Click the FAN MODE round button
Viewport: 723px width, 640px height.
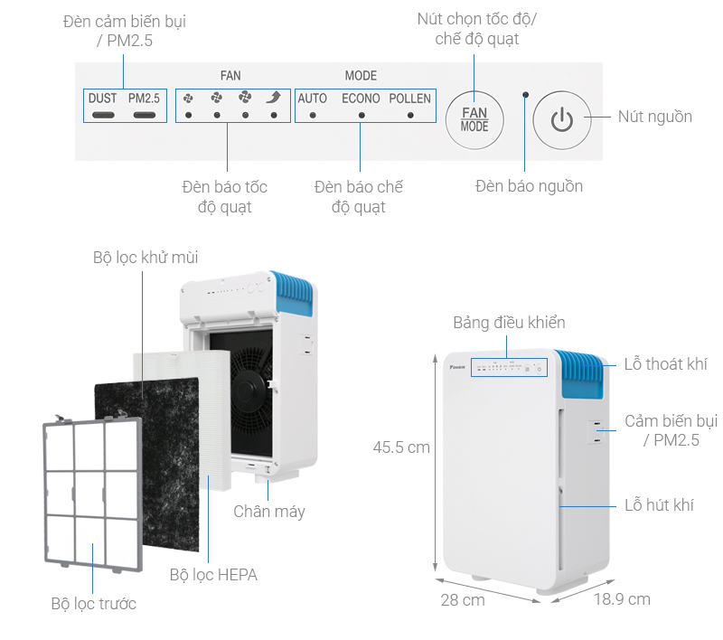click(474, 118)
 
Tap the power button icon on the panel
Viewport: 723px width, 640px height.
click(561, 118)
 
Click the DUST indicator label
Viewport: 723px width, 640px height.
click(103, 98)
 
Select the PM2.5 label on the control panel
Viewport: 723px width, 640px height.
click(144, 98)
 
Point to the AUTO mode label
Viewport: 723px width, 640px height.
click(313, 98)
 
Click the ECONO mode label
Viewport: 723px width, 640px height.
click(361, 98)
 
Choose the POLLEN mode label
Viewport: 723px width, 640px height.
click(410, 98)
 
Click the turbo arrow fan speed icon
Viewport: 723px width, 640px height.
click(274, 98)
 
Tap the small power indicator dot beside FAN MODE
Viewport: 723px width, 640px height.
click(525, 94)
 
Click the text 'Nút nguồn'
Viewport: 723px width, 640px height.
click(655, 117)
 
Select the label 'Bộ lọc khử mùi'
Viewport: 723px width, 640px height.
click(146, 258)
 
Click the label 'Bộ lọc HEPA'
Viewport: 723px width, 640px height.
click(213, 574)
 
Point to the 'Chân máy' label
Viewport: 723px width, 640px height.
click(269, 512)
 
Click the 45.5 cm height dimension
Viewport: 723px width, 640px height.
click(401, 447)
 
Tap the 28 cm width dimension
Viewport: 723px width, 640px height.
click(464, 599)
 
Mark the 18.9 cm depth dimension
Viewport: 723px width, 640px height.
click(622, 598)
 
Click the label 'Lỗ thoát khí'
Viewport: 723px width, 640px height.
click(666, 364)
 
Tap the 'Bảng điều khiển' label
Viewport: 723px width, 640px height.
click(510, 323)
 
